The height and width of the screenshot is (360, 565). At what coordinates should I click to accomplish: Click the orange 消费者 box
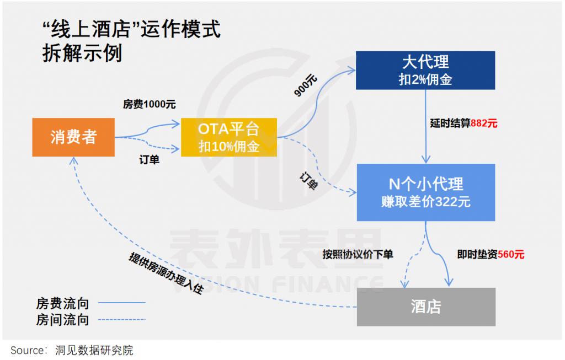73,137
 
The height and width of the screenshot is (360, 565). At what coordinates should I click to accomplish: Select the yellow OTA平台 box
229,137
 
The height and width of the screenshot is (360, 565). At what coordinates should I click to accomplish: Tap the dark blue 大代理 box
425,70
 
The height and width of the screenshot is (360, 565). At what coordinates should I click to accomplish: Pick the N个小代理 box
425,192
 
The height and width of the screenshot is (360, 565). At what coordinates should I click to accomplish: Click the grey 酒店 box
426,307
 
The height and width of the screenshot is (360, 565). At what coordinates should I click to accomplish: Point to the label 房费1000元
150,104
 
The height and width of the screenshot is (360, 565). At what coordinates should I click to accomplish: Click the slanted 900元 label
306,86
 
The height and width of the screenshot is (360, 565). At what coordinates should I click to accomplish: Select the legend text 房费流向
62,303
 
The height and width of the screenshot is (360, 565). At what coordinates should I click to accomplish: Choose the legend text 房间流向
62,319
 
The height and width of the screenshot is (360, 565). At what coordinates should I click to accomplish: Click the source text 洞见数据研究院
94,350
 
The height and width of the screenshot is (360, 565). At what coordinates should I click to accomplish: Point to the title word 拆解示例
82,53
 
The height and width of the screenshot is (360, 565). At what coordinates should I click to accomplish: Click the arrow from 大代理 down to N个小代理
426,127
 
